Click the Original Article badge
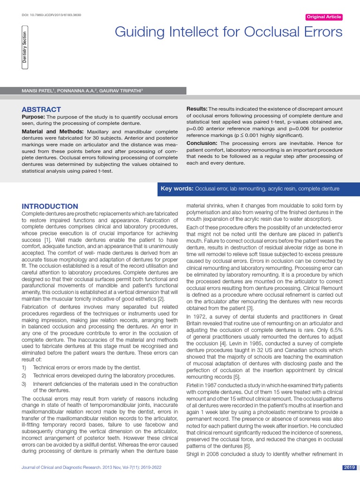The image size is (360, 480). (323, 17)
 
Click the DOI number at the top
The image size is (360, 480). (52, 15)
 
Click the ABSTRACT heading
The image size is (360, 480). (41, 109)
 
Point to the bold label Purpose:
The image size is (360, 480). (33, 116)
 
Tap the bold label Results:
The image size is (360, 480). (197, 109)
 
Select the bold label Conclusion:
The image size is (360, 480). (202, 143)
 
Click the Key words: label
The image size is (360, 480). (177, 188)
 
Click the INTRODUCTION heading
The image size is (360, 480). (50, 206)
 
